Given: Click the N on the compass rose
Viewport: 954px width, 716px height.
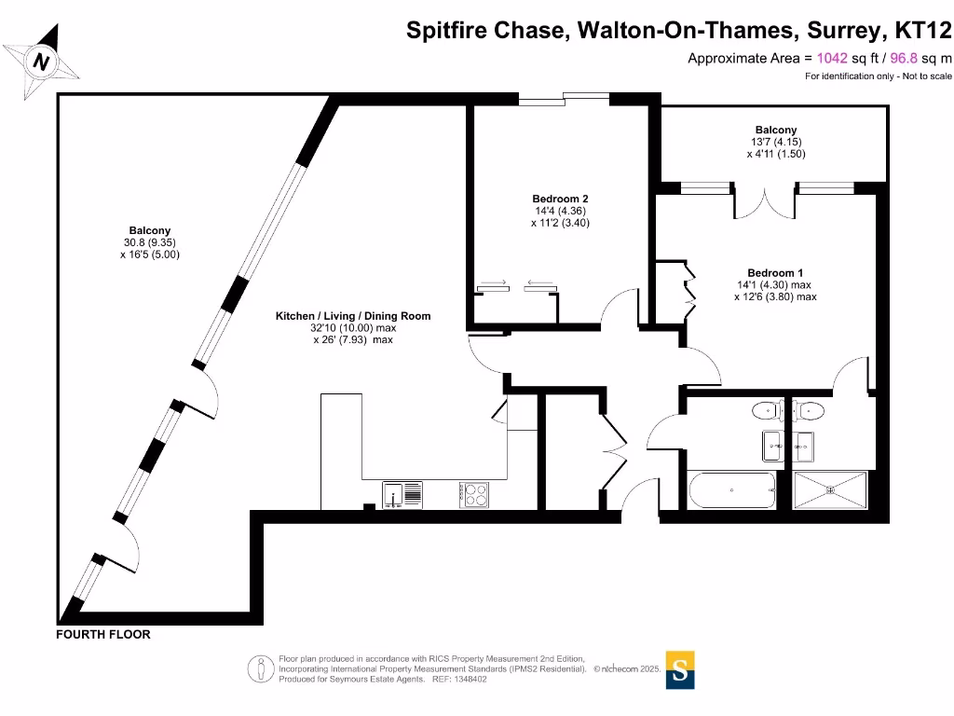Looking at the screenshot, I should click(40, 62).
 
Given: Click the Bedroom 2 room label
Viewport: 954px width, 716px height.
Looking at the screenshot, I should click(560, 199).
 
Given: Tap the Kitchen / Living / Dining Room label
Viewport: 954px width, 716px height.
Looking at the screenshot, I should click(353, 316).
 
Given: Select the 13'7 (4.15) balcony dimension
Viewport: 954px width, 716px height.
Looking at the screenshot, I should click(775, 142).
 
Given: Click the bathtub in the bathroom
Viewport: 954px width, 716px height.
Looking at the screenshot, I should click(731, 489).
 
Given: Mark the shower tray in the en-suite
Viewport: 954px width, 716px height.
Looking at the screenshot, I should click(830, 489).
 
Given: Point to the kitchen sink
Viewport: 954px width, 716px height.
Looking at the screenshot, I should click(402, 494).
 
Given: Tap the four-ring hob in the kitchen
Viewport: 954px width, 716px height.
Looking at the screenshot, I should click(473, 494).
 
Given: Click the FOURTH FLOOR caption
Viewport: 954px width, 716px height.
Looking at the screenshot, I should click(102, 635).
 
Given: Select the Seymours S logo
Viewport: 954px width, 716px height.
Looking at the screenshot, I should click(681, 669).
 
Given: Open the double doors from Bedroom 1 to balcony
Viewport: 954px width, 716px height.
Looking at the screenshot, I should click(765, 202).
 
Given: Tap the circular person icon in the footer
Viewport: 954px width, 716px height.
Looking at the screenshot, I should click(260, 668).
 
